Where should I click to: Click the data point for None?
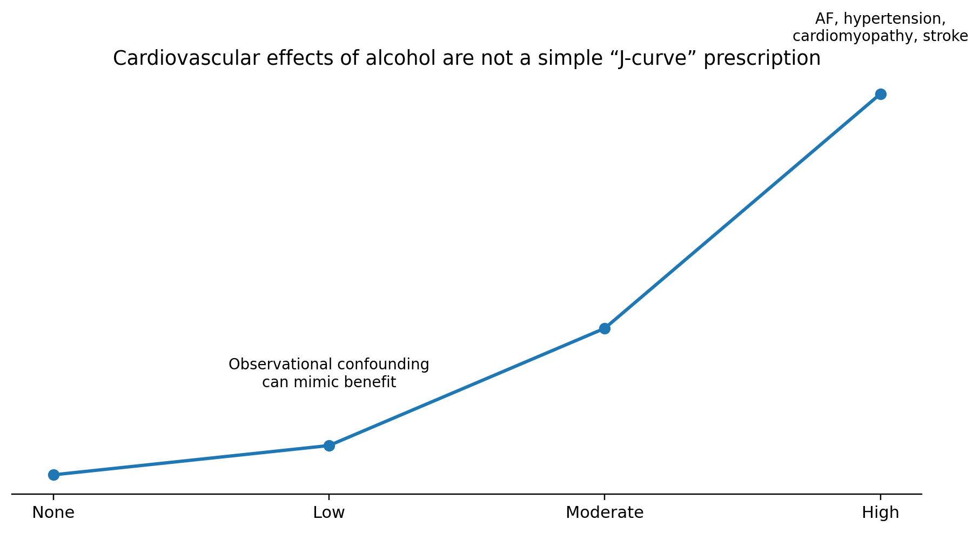pos(53,475)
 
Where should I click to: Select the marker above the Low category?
pos(329,446)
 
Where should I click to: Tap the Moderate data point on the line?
pos(605,328)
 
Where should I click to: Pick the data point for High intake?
pos(881,94)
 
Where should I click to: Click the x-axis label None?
pos(53,512)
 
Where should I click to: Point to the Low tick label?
pos(329,512)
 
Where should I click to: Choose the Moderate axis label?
pos(605,512)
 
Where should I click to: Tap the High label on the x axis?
pos(881,512)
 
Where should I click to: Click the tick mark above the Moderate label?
pos(605,497)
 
